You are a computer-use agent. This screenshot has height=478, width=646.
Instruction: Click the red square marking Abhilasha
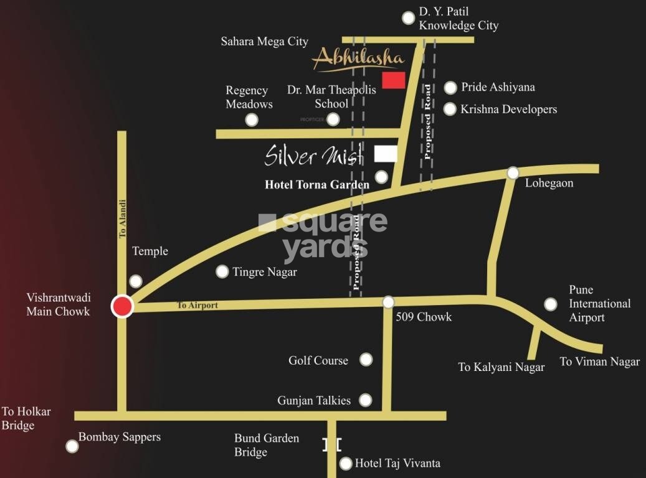click(x=393, y=80)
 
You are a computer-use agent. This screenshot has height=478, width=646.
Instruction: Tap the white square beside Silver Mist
click(x=386, y=154)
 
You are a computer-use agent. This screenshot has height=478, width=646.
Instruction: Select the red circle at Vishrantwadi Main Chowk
click(x=123, y=306)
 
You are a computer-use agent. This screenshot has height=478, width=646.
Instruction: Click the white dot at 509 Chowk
click(x=388, y=302)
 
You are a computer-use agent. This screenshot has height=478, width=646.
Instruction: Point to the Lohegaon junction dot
click(x=513, y=172)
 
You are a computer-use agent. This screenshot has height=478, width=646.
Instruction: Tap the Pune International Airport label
click(x=599, y=304)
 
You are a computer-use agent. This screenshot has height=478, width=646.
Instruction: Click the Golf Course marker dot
click(x=366, y=359)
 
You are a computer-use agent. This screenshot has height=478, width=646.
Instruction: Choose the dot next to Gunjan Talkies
click(x=366, y=400)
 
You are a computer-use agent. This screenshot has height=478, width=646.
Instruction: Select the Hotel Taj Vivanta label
click(x=397, y=463)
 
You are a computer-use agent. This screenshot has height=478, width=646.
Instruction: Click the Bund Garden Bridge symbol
click(x=332, y=444)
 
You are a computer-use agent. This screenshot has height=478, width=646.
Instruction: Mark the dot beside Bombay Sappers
click(x=72, y=446)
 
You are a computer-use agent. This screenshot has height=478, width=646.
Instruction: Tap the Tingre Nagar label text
click(x=265, y=272)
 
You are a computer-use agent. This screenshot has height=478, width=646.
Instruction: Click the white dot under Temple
click(x=135, y=281)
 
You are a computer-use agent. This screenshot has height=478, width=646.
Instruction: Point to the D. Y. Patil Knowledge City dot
click(x=408, y=18)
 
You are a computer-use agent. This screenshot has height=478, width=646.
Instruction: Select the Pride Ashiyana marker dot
click(x=450, y=88)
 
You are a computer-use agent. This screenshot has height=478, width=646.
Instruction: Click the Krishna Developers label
click(x=508, y=110)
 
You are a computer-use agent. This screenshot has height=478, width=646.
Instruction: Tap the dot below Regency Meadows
click(x=251, y=119)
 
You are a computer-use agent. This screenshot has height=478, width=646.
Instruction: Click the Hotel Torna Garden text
click(x=317, y=184)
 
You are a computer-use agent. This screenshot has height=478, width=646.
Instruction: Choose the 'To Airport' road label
click(x=197, y=306)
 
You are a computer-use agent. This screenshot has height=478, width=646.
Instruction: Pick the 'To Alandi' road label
click(x=123, y=218)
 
